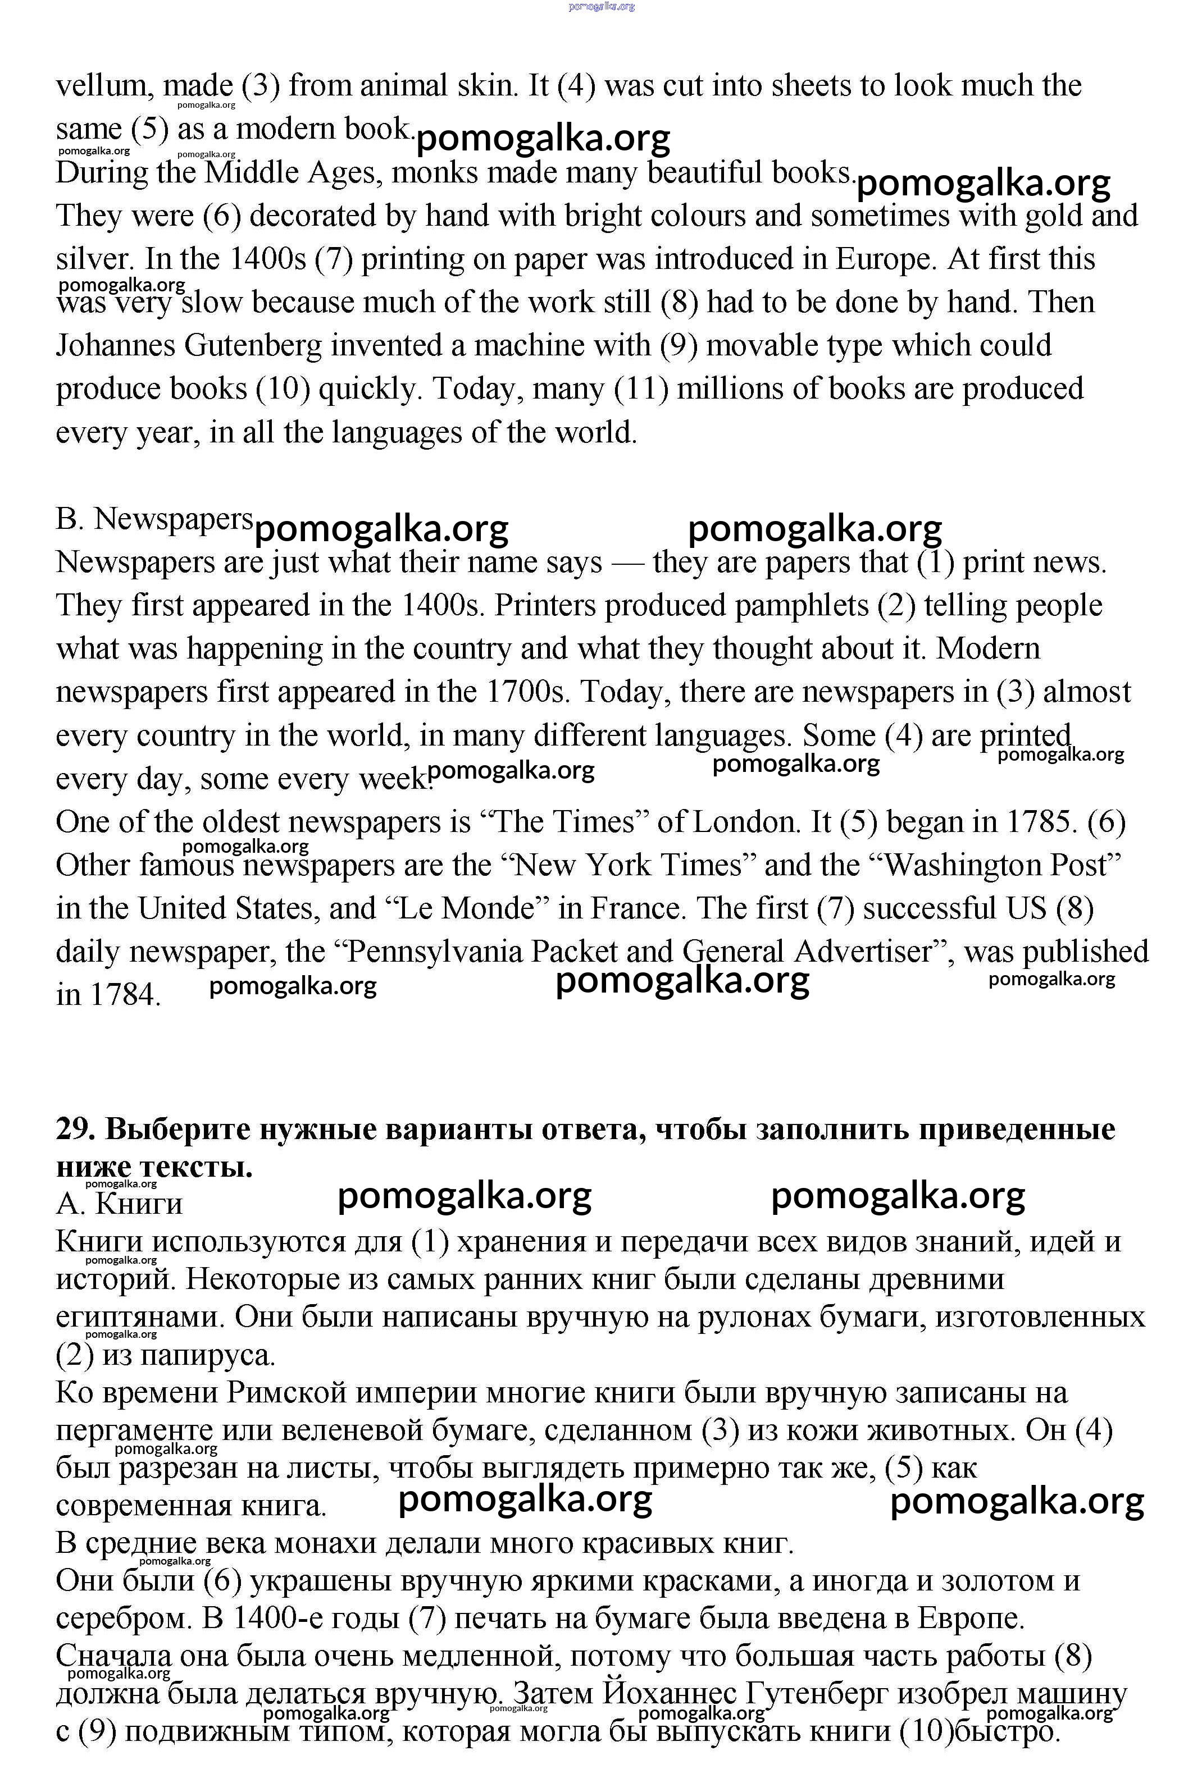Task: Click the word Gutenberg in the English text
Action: click(x=252, y=346)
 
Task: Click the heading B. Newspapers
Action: click(x=154, y=519)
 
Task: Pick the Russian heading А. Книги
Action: click(x=119, y=1204)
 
